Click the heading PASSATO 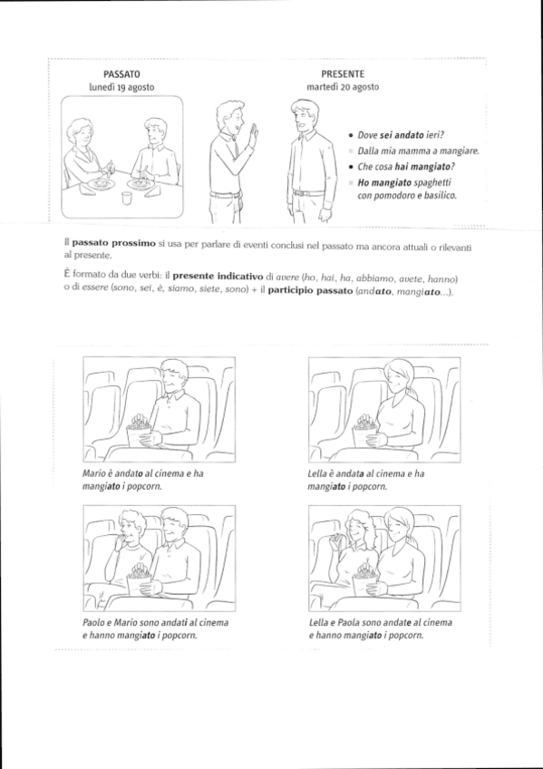point(121,74)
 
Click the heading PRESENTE point(343,74)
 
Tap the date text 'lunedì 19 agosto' point(121,87)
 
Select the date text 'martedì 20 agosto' point(343,87)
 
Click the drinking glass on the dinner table point(128,198)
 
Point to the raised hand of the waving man point(253,133)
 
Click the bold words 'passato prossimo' point(113,244)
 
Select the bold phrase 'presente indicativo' point(218,276)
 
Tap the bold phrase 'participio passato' point(310,290)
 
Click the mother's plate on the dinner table point(101,184)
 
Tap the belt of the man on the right point(309,193)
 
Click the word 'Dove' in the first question point(367,135)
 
